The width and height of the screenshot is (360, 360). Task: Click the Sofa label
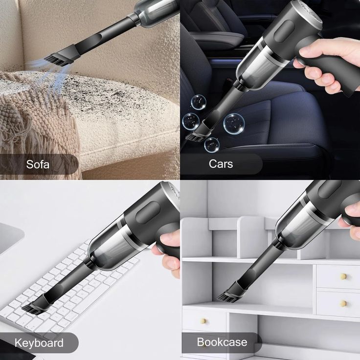click(38, 164)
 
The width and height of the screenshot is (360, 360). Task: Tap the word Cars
click(221, 163)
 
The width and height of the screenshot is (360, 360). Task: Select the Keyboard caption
click(39, 342)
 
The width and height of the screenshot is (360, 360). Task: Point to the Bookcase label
click(222, 341)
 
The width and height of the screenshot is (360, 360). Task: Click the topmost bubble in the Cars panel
click(199, 102)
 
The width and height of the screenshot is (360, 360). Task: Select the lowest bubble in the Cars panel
click(212, 144)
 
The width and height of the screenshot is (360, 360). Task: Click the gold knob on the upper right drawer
click(343, 276)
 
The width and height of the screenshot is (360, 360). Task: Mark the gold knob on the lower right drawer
click(343, 303)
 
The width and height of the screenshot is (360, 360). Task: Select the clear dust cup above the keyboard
click(112, 245)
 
